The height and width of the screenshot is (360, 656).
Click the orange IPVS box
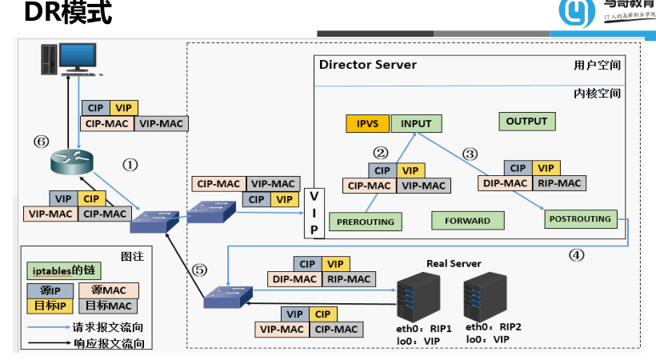tap(367, 124)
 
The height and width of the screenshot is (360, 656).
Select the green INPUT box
tap(416, 124)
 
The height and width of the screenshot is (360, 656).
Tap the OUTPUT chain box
tap(526, 122)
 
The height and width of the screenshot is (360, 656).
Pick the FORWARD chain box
tap(467, 220)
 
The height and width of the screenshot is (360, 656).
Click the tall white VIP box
tap(314, 213)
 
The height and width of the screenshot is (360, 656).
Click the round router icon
tap(71, 164)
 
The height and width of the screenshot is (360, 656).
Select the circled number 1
tap(130, 164)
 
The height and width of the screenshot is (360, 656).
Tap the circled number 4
tap(576, 256)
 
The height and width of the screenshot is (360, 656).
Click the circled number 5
tap(200, 270)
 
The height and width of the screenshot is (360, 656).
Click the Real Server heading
tap(454, 264)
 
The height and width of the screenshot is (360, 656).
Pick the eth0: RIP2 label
tap(494, 327)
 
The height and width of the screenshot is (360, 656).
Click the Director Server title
tap(367, 65)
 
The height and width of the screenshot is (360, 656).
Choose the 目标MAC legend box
tap(109, 305)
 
